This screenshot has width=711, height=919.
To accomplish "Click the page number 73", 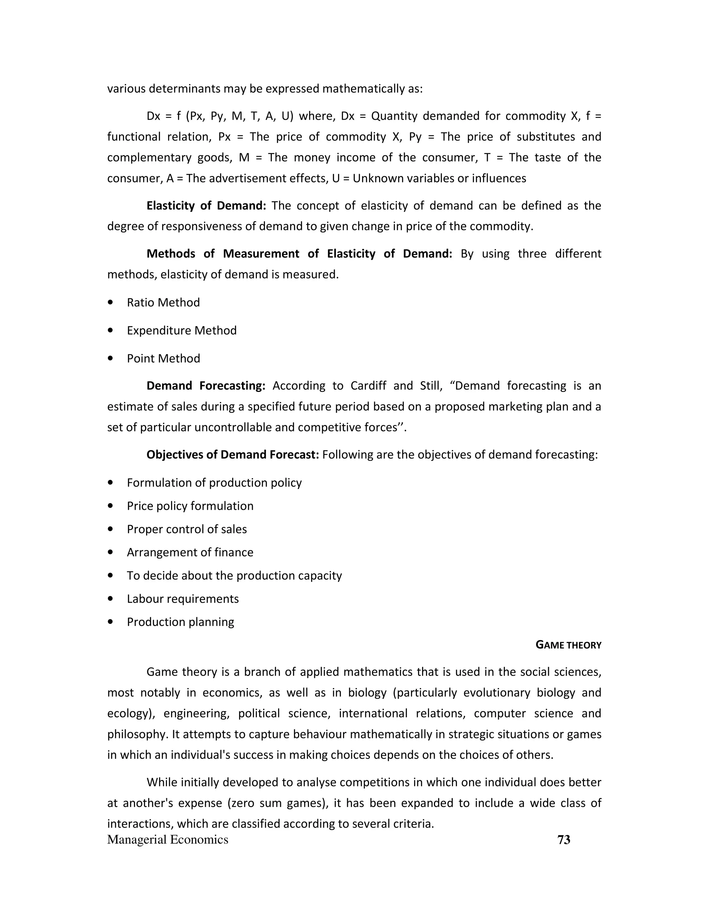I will click(563, 840).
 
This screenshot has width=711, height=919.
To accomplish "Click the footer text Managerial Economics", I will click(168, 840).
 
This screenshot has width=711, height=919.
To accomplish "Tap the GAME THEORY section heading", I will click(568, 645).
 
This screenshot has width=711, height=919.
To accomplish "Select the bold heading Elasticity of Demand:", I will click(206, 205).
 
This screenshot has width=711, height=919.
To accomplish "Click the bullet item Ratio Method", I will click(163, 302).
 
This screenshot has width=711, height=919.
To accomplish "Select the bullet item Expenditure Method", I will click(182, 330).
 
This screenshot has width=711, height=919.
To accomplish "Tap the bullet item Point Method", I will click(164, 359).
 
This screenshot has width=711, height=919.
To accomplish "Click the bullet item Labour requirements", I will click(183, 599).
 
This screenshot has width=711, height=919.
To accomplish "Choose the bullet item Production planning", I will click(180, 622).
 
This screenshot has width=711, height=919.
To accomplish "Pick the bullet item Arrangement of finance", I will click(190, 552).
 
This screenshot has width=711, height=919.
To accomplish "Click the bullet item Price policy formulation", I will click(190, 506).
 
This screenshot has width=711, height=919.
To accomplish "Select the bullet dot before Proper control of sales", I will click(110, 529).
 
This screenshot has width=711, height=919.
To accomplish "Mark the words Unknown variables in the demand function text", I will click(403, 178).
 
